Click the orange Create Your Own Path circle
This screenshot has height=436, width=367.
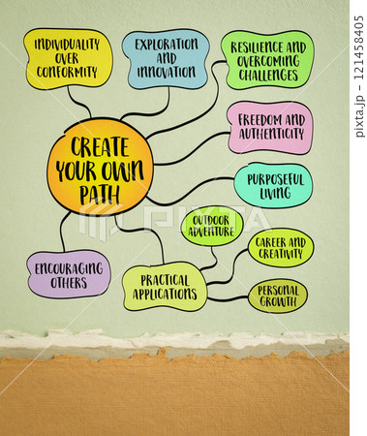pos(100,168)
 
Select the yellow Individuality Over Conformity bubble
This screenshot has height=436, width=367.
pos(68,59)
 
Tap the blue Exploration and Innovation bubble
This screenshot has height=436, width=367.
pos(166,59)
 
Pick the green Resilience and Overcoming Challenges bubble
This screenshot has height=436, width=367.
pos(267,60)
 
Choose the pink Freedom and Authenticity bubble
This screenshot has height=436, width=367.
pos(270,127)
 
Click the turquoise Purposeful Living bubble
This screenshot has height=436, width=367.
pos(274,185)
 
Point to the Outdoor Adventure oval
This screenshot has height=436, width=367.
pos(212,226)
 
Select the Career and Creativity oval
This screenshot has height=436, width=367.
pos(281,248)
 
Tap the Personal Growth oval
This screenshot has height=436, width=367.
pos(278,296)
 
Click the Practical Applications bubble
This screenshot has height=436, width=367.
pos(165,287)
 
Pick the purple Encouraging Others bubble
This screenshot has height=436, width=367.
pos(69,274)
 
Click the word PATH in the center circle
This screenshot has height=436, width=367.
pos(100,195)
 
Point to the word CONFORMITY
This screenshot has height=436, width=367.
pos(67,73)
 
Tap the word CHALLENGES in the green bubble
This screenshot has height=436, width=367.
pos(268,75)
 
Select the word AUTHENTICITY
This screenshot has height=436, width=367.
pos(271,134)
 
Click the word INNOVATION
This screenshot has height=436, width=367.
pos(167,72)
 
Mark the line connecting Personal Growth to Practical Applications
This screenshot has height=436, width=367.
pos(228,298)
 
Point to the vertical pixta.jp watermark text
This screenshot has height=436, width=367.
pos(359,77)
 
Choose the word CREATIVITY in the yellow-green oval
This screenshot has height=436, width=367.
pos(281,254)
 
